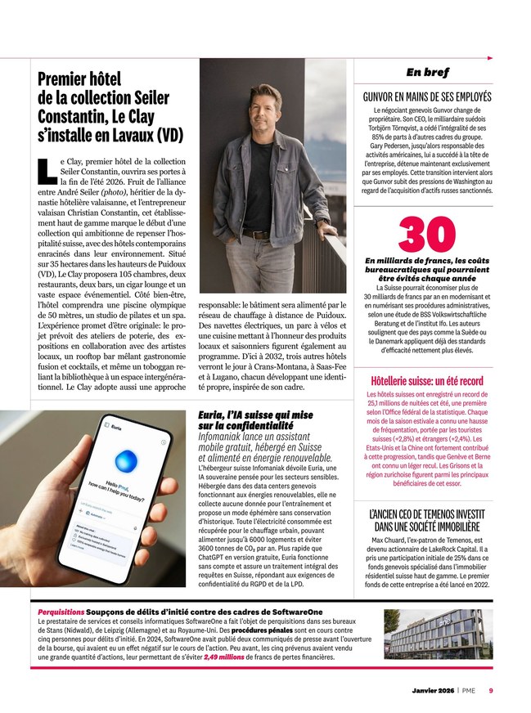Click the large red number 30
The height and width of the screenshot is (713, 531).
click(x=427, y=235)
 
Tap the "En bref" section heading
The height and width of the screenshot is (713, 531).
click(x=427, y=72)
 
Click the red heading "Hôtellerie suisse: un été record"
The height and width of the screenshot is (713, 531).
click(x=427, y=381)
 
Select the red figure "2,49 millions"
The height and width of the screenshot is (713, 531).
click(x=223, y=657)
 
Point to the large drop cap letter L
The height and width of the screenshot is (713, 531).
click(x=47, y=169)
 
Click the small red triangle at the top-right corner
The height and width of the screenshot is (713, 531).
click(x=489, y=58)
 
